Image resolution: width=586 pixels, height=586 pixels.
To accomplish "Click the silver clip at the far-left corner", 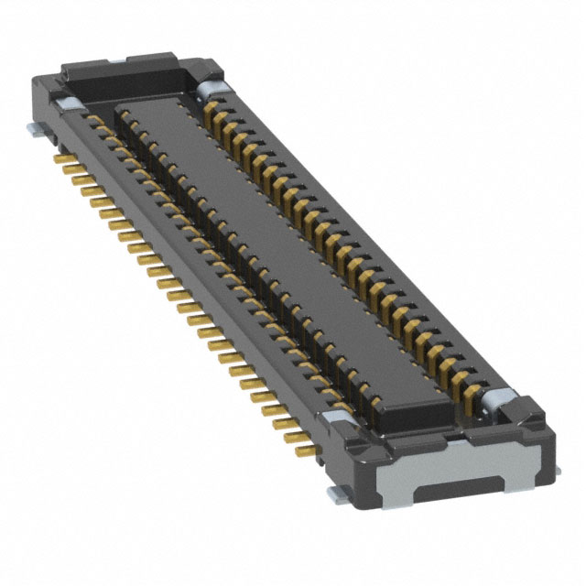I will click(70, 103).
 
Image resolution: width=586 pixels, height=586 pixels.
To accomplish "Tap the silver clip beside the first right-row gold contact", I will click(208, 87).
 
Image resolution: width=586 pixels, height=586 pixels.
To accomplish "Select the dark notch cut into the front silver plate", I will click(453, 489).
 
